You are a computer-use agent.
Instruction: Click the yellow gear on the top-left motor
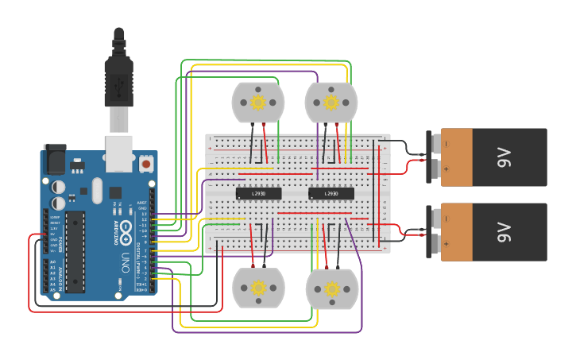257,103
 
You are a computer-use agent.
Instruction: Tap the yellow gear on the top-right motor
331,103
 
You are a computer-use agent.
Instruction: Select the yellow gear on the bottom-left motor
257,288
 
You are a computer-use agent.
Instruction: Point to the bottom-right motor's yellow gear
331,288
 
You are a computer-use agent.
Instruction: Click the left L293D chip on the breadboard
259,193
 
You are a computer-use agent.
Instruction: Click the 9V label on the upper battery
503,157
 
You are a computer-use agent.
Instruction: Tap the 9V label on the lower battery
503,232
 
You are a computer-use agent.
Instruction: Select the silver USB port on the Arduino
119,153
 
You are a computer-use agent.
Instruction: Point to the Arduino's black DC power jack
54,159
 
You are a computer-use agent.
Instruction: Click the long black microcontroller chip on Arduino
75,251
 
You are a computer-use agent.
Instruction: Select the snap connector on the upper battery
435,157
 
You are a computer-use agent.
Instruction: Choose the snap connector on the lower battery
435,231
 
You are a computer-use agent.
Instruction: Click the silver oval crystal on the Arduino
97,190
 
